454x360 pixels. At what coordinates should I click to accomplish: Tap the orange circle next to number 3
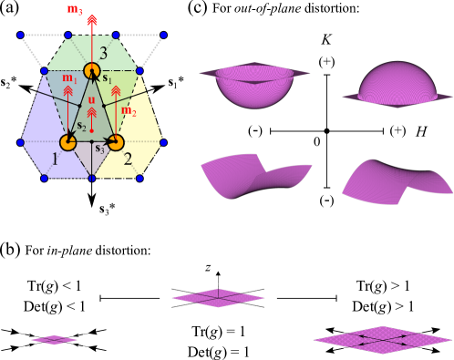92,70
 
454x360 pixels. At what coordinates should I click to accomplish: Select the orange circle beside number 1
67,142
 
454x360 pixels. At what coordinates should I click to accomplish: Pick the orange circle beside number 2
116,142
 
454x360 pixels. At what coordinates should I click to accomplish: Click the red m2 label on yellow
129,111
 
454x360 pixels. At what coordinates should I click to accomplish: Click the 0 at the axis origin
315,143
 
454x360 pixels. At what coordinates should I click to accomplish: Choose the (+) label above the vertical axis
325,61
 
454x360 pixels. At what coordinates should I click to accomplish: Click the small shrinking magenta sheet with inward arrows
57,340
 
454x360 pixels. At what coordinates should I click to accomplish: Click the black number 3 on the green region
104,55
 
